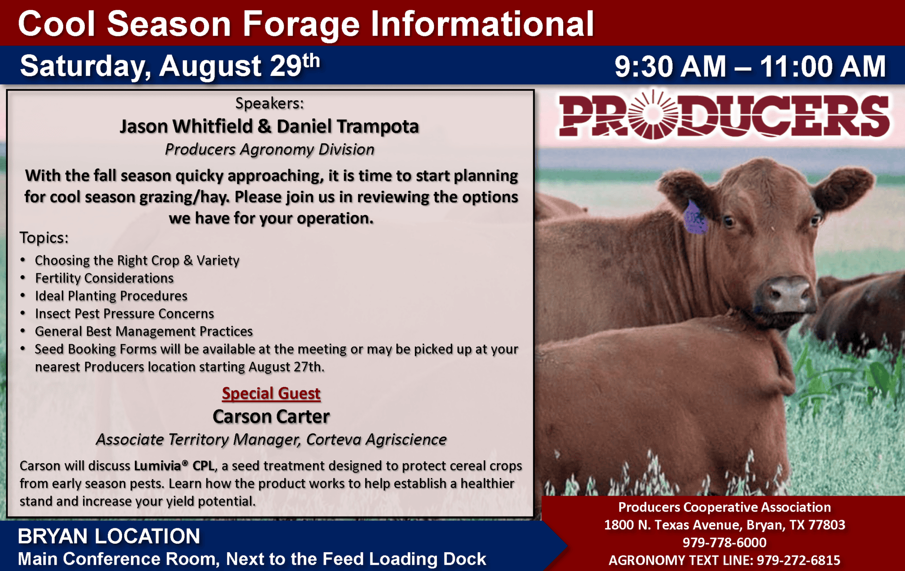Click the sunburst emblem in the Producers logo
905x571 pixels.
tap(653, 115)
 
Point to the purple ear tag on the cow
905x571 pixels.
tap(695, 218)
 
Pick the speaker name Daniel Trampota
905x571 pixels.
tap(348, 126)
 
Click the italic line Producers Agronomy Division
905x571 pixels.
tap(270, 149)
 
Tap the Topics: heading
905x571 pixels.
tap(44, 237)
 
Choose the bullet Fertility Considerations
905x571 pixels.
tap(104, 278)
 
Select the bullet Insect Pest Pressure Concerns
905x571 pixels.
tap(124, 314)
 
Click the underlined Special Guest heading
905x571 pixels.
tap(271, 393)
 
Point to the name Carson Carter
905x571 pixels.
tap(271, 416)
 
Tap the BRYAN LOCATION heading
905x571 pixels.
tap(109, 536)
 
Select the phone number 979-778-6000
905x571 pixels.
tap(724, 542)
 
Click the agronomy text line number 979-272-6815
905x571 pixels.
tap(798, 560)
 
